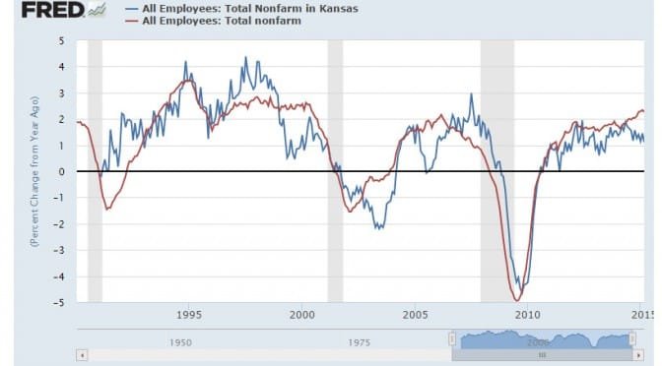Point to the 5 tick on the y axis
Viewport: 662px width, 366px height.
click(x=61, y=41)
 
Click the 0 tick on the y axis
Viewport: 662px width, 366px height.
click(x=61, y=172)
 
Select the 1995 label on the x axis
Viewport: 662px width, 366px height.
click(x=189, y=316)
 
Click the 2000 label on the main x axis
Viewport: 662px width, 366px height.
click(x=302, y=316)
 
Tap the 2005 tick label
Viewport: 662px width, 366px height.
click(x=415, y=316)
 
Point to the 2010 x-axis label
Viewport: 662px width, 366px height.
click(x=528, y=316)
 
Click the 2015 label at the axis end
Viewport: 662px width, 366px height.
click(x=641, y=316)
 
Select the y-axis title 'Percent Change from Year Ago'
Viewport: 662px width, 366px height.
click(x=33, y=172)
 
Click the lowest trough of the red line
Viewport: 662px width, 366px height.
click(x=518, y=300)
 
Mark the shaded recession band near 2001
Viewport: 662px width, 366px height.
click(x=335, y=172)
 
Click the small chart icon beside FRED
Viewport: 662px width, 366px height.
click(x=97, y=11)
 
